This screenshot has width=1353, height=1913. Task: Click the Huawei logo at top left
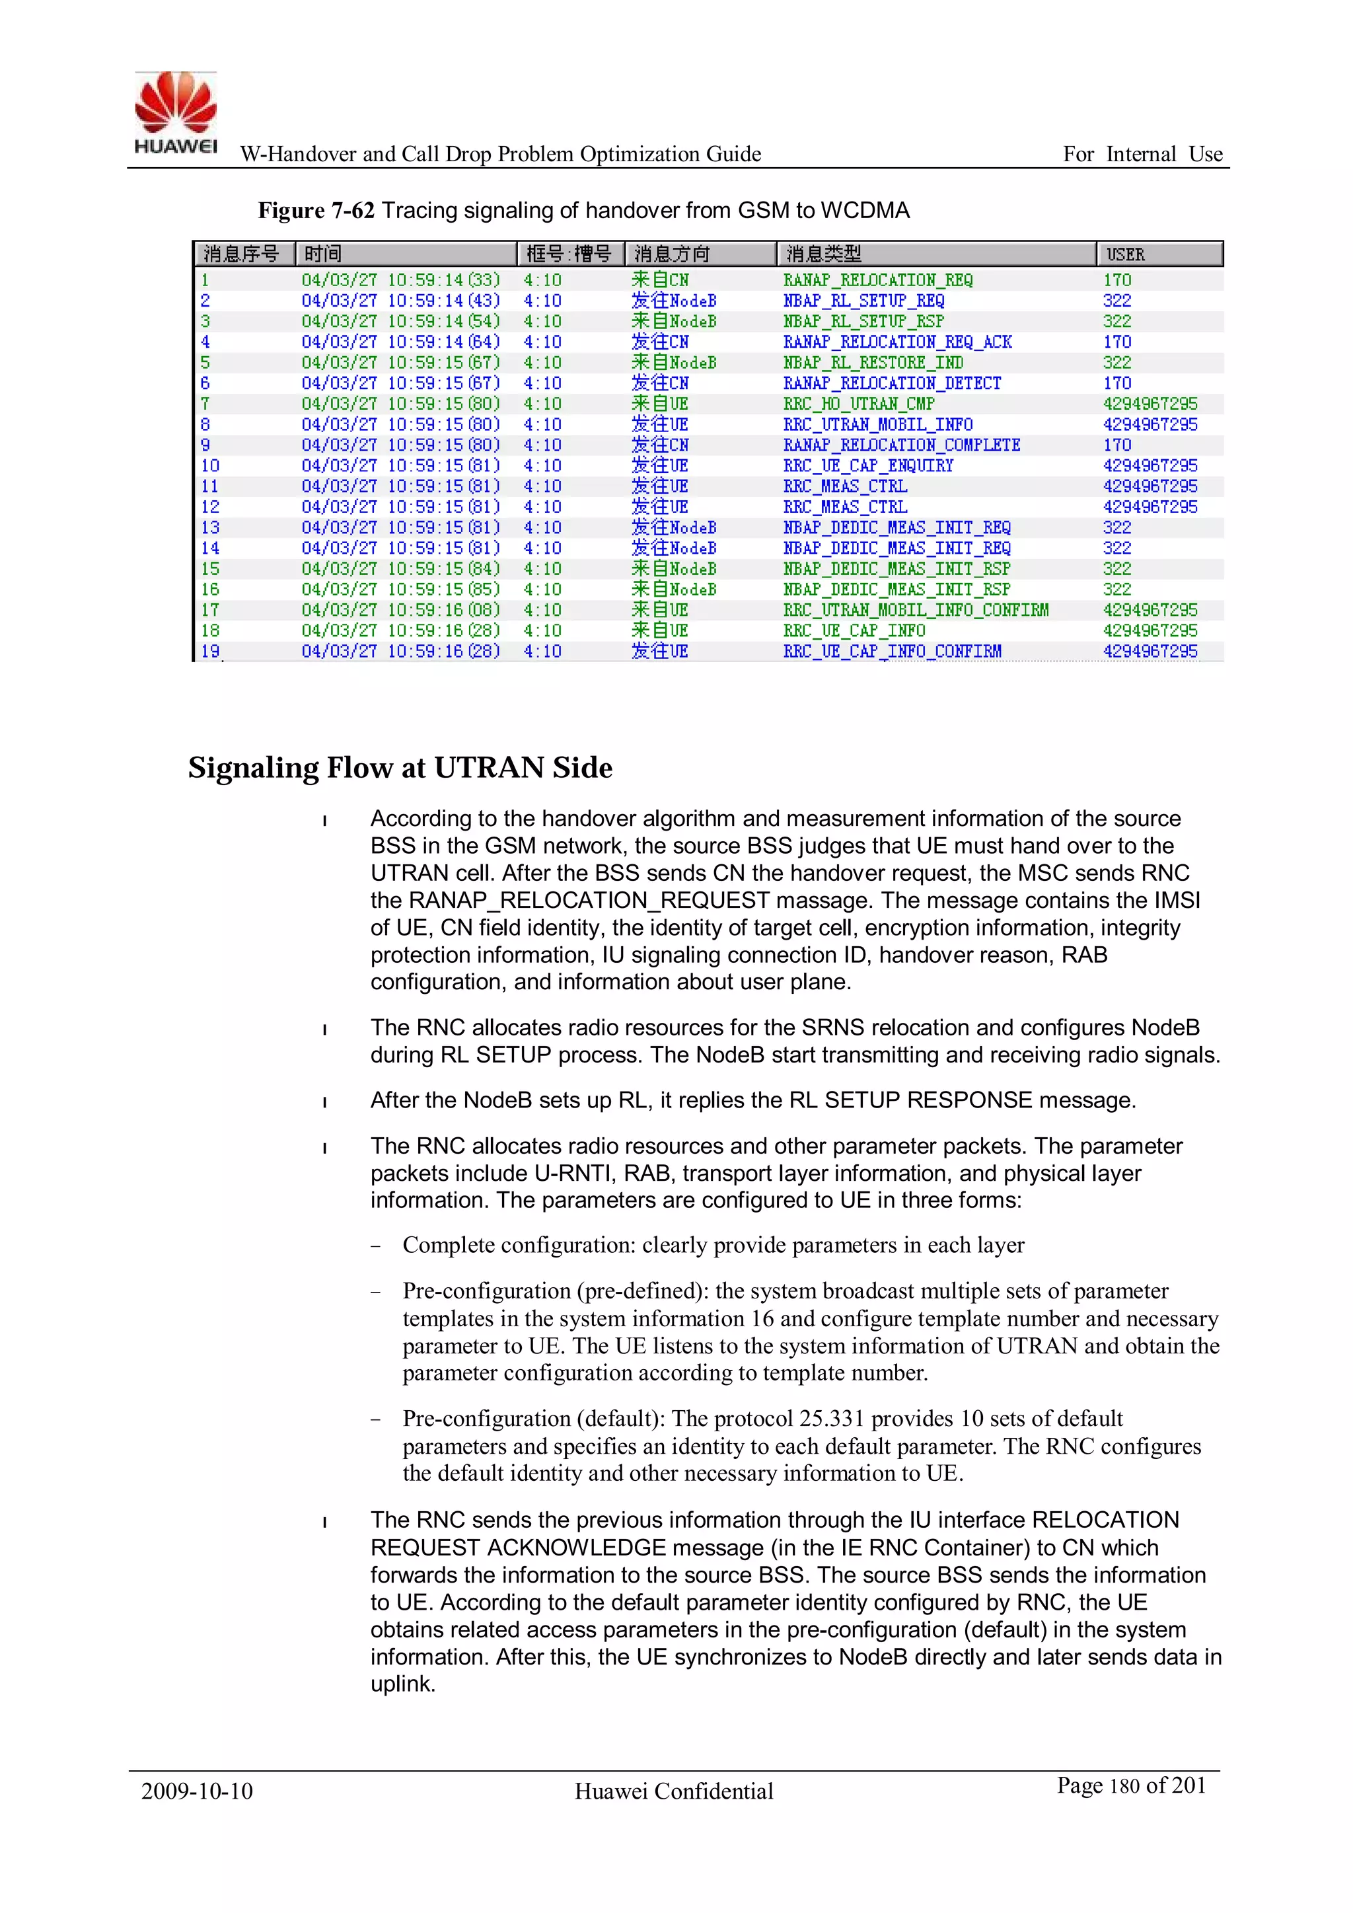pyautogui.click(x=176, y=112)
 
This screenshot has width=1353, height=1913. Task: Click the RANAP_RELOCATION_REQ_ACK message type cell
pyautogui.click(x=897, y=342)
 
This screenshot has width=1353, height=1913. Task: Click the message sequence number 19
pyautogui.click(x=210, y=651)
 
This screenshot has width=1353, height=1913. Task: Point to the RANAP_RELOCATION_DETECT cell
pyautogui.click(x=891, y=383)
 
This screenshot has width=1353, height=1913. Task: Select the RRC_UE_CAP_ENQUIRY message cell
pyautogui.click(x=868, y=466)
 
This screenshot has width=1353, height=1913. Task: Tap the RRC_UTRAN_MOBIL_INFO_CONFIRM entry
pyautogui.click(x=916, y=610)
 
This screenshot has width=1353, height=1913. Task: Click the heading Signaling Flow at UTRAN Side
pyautogui.click(x=400, y=767)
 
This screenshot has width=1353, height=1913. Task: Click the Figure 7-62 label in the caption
pyautogui.click(x=316, y=211)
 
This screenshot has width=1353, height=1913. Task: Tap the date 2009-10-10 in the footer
pyautogui.click(x=197, y=1791)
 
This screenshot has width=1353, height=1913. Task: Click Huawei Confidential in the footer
pyautogui.click(x=674, y=1791)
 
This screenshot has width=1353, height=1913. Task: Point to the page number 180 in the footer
pyautogui.click(x=1124, y=1786)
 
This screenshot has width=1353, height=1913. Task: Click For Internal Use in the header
pyautogui.click(x=1142, y=154)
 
